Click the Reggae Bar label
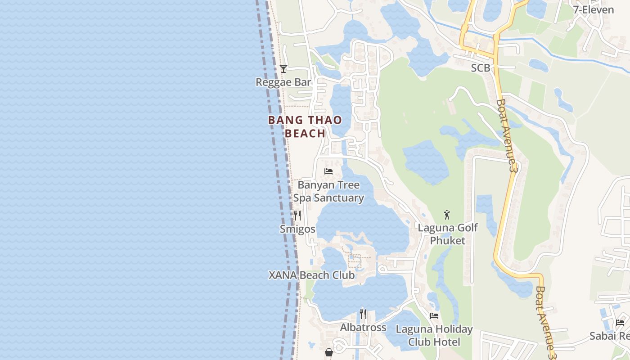click(283, 82)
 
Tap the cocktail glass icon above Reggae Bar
click(283, 68)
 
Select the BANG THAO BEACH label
click(305, 126)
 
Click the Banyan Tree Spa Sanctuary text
click(328, 192)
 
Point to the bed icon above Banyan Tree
click(328, 171)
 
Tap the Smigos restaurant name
click(297, 229)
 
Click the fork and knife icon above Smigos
click(297, 216)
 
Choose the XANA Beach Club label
click(311, 275)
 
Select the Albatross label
click(363, 328)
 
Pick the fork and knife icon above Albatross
click(363, 314)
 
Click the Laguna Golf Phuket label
click(448, 234)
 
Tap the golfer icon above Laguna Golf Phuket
click(447, 215)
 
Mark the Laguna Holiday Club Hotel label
click(434, 335)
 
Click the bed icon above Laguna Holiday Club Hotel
click(434, 316)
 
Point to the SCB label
click(480, 68)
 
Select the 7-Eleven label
click(593, 9)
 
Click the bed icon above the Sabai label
click(620, 322)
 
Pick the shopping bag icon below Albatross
click(329, 352)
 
